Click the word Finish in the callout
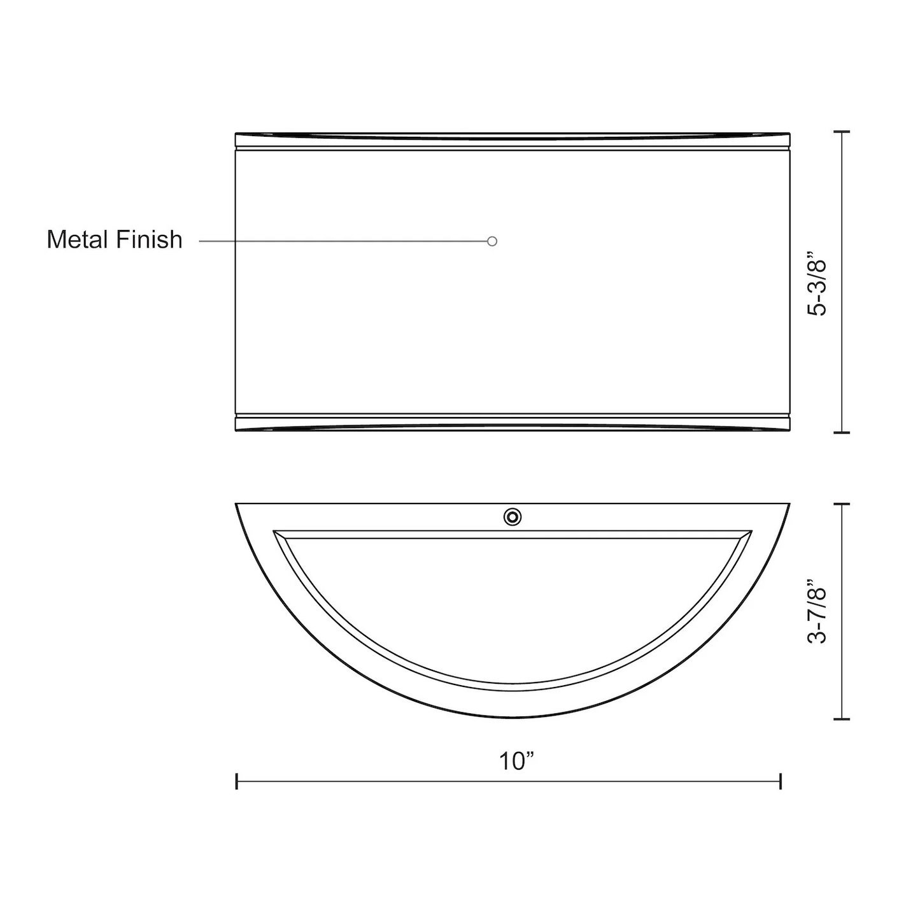pos(150,239)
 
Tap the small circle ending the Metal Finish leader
pos(492,241)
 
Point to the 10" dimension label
pos(516,761)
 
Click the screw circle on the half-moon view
pos(513,517)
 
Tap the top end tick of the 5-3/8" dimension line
pos(841,131)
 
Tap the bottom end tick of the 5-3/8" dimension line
pos(841,432)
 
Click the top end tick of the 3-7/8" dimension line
pos(841,504)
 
